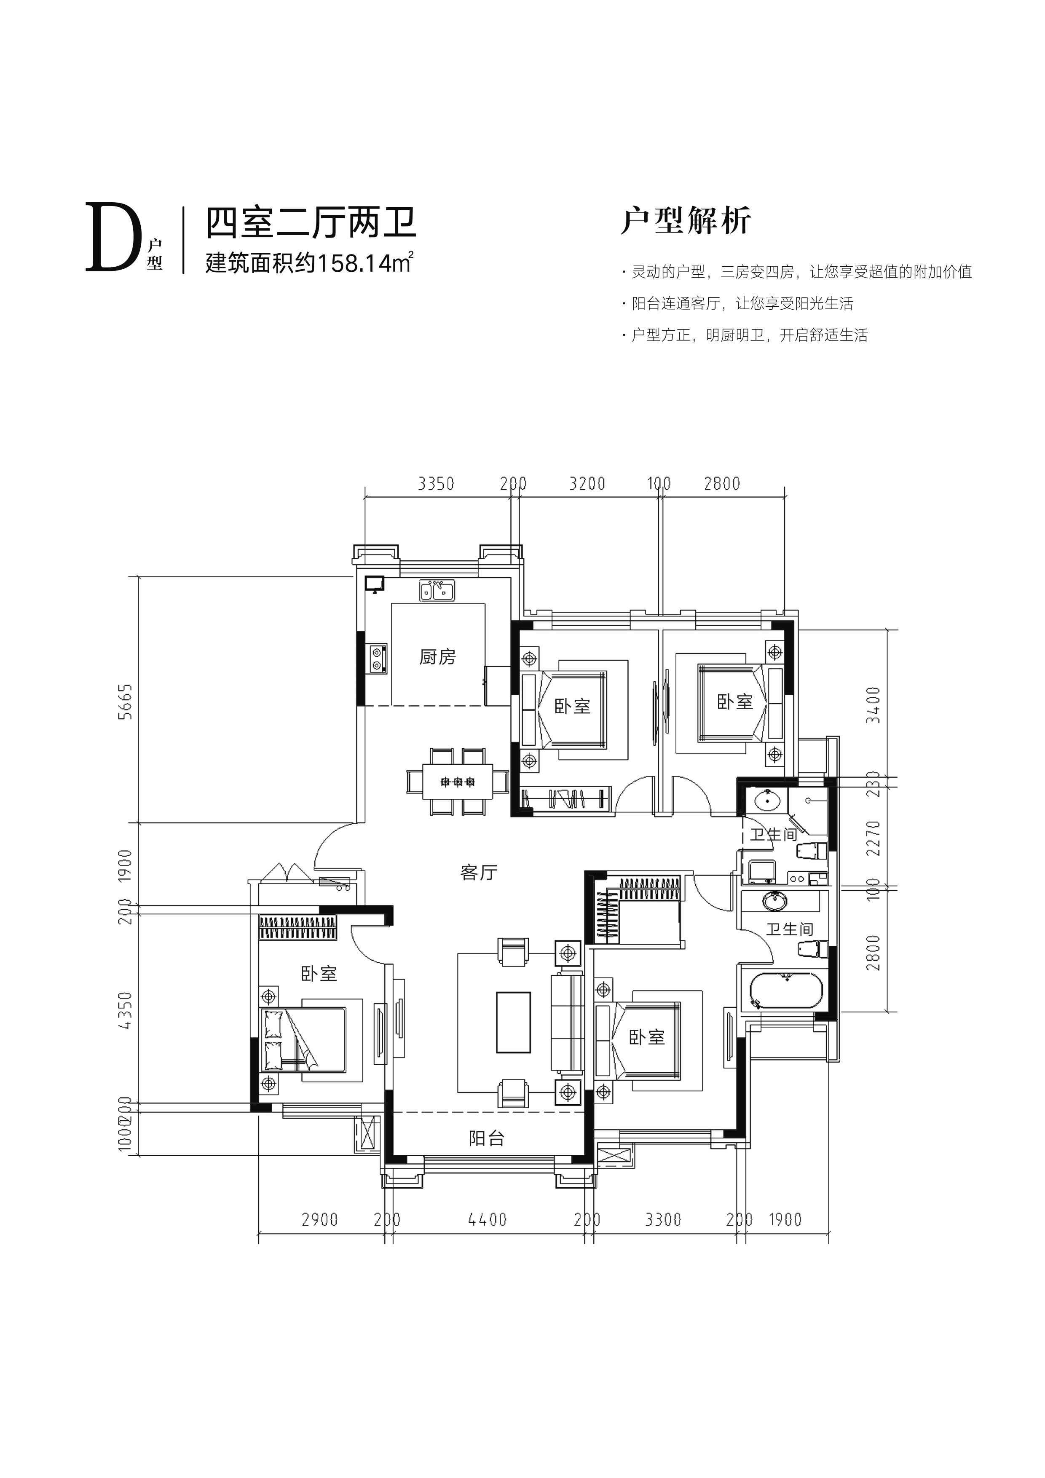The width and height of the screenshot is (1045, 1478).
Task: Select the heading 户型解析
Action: pyautogui.click(x=686, y=221)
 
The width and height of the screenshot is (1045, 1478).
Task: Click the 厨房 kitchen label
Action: pyautogui.click(x=437, y=657)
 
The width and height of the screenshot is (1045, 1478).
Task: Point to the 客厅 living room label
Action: pyautogui.click(x=479, y=873)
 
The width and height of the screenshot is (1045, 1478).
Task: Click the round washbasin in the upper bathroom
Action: pyautogui.click(x=766, y=801)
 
